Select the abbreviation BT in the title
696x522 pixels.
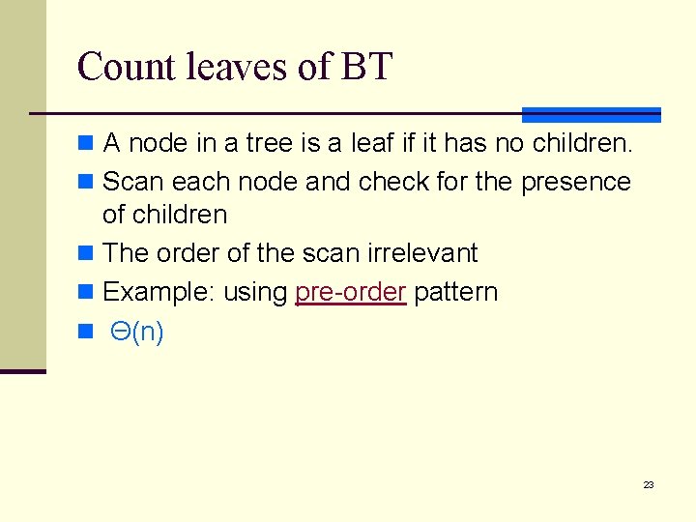pos(366,67)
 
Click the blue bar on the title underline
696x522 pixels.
pos(591,114)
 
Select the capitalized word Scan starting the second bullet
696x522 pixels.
pos(133,182)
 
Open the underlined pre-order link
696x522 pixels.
pos(350,292)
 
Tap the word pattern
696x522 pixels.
pos(455,292)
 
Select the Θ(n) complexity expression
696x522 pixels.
pos(137,332)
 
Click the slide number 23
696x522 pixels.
pos(649,484)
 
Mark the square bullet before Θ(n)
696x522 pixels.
pos(85,333)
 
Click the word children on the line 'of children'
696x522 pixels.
pos(179,215)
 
